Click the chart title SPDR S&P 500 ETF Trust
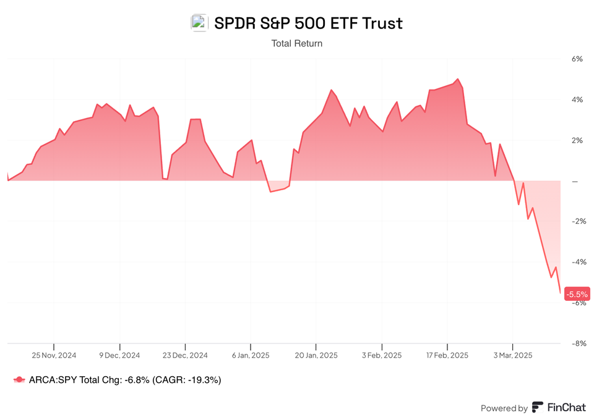tap(308, 23)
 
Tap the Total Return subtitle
tap(297, 43)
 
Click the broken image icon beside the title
tap(199, 23)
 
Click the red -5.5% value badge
tap(577, 295)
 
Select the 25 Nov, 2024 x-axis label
tap(54, 355)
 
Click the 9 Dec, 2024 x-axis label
tap(119, 355)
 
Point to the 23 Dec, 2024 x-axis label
tap(185, 355)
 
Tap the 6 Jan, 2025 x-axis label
tap(251, 355)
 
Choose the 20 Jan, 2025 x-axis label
tap(316, 355)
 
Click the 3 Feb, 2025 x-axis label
tap(382, 355)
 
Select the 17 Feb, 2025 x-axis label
tap(447, 355)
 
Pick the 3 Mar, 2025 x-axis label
tap(512, 355)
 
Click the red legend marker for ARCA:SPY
tap(19, 380)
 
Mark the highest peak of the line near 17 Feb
tap(457, 79)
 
